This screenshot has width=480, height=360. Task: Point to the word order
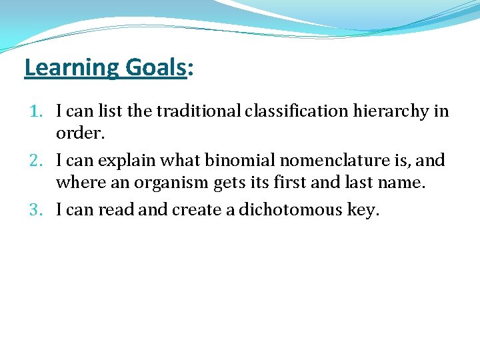(78, 133)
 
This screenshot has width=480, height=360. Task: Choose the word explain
(127, 161)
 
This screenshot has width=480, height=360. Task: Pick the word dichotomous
(291, 210)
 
